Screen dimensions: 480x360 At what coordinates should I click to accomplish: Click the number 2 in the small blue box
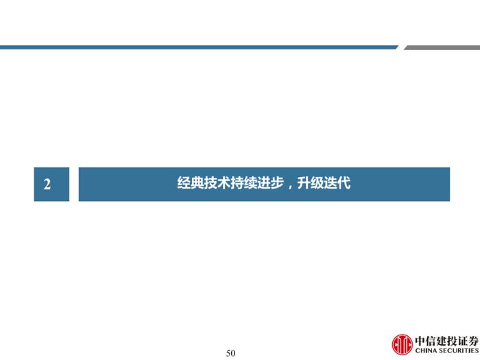click(x=47, y=184)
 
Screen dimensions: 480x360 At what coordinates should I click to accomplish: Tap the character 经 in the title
click(x=184, y=183)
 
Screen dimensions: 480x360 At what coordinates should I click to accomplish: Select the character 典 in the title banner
click(x=197, y=183)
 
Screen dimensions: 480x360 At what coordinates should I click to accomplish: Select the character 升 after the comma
click(x=304, y=183)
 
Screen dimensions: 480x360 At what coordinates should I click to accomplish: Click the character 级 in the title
click(x=317, y=183)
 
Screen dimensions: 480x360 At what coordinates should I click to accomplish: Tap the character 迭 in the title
click(x=331, y=183)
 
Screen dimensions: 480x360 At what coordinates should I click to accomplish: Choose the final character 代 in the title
click(x=344, y=183)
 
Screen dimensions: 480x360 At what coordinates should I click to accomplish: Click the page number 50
click(x=230, y=353)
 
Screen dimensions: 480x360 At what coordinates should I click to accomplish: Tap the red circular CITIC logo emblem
click(x=402, y=344)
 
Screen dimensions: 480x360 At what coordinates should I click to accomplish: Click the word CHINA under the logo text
click(x=426, y=351)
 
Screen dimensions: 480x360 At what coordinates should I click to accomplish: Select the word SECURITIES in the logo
click(x=459, y=351)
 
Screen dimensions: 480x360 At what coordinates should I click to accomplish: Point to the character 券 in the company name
click(x=473, y=341)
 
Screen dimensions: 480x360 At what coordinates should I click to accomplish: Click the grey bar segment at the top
click(x=442, y=47)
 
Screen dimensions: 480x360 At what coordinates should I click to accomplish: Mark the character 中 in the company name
click(x=420, y=341)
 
